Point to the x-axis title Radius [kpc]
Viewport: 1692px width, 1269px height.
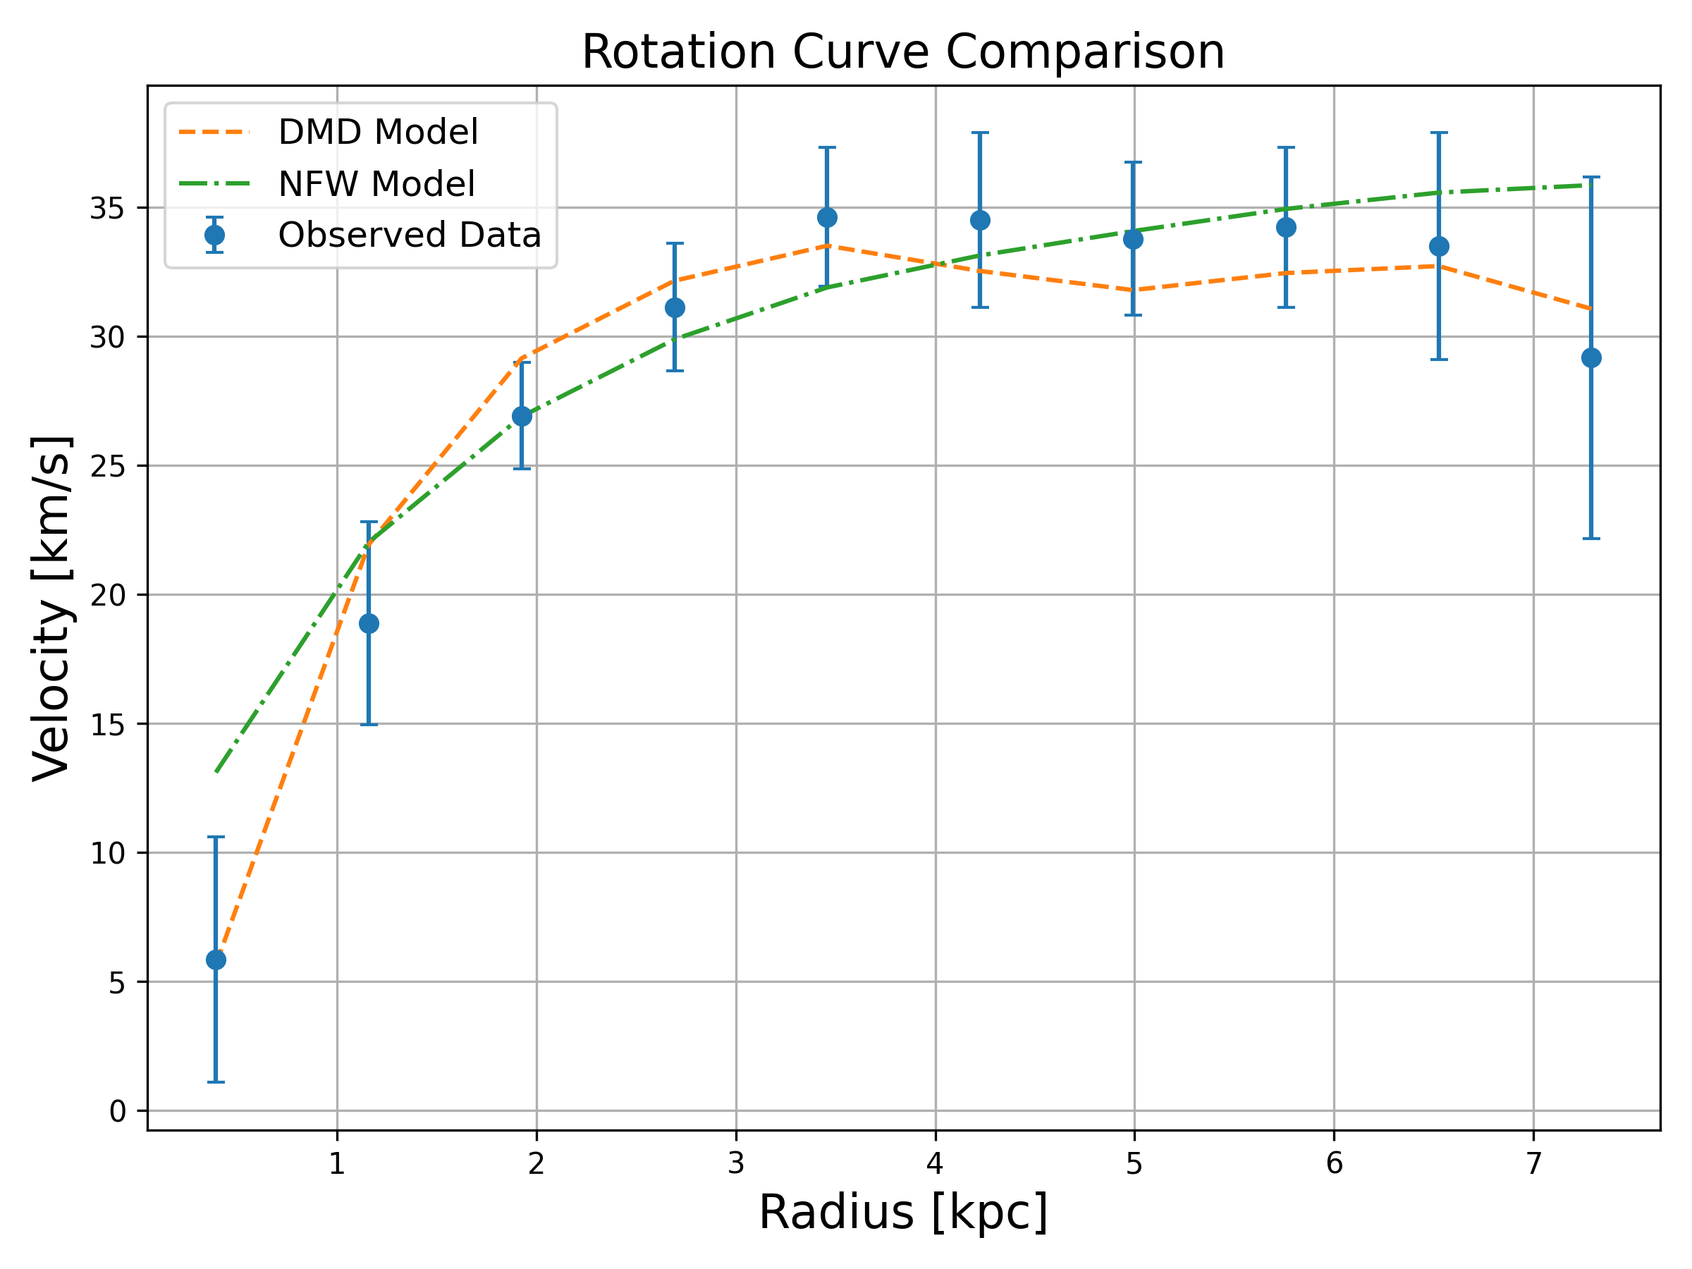click(902, 1213)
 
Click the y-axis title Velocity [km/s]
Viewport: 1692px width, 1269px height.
click(52, 608)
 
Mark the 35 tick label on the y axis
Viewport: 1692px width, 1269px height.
click(108, 208)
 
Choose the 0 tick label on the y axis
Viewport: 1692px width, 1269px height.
click(117, 1110)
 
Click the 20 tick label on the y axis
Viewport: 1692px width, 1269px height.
click(108, 595)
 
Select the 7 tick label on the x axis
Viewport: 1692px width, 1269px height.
click(1533, 1163)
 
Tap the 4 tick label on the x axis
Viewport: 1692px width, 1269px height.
click(935, 1163)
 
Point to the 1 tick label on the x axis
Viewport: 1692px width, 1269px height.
click(336, 1163)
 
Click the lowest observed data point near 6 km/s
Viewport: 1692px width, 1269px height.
click(216, 960)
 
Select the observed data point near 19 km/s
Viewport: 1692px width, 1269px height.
click(369, 624)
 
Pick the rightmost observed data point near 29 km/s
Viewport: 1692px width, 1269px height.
click(1591, 358)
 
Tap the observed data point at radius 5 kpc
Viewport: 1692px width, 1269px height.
click(1133, 240)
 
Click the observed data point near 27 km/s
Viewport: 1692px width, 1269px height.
click(522, 416)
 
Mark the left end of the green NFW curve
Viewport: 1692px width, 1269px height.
click(216, 773)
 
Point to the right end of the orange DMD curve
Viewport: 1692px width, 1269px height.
click(1591, 309)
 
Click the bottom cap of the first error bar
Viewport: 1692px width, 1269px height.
click(216, 1082)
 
